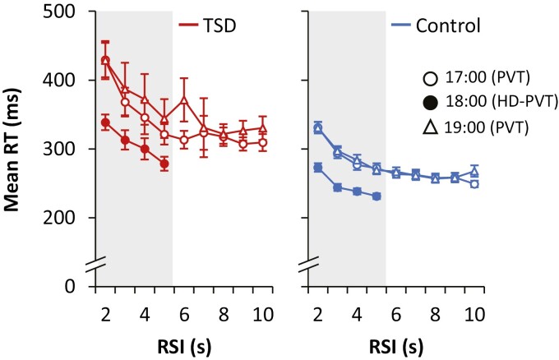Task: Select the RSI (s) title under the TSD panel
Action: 183,339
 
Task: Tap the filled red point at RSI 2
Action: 105,122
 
